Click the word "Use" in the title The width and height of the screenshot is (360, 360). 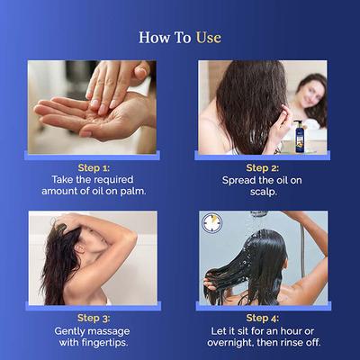[x=205, y=38]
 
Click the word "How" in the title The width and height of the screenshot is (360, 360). [x=154, y=38]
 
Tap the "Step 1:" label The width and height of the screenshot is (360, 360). [x=94, y=167]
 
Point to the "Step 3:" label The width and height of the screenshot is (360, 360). [x=94, y=318]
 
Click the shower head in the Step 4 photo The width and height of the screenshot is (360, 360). [x=259, y=215]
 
